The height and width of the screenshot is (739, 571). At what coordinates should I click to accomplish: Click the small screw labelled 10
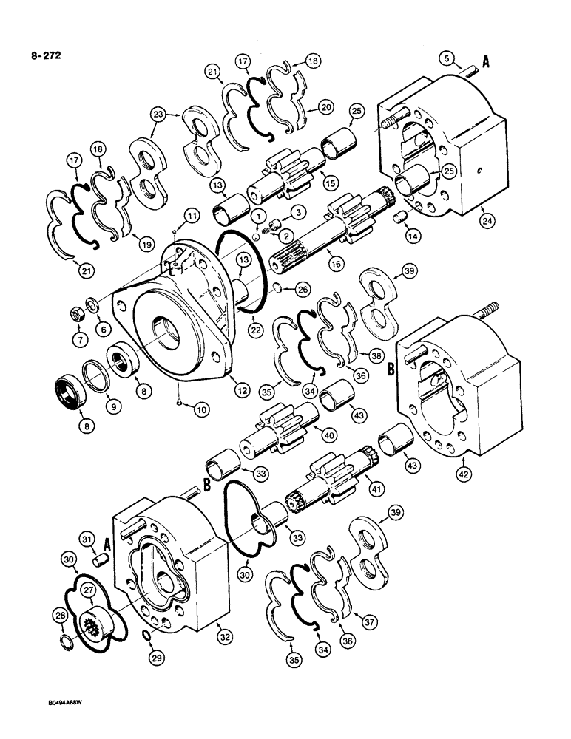(179, 401)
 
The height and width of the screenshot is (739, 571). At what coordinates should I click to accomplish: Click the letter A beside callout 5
(486, 64)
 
